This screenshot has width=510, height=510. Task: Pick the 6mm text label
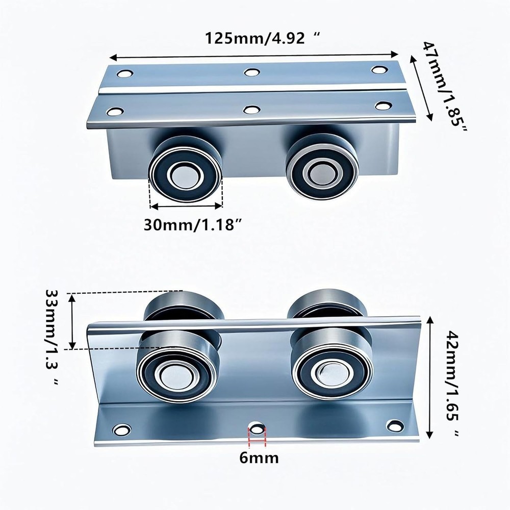pyautogui.click(x=259, y=457)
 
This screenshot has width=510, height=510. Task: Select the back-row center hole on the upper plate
pyautogui.click(x=251, y=72)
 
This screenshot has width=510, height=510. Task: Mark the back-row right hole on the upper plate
pyautogui.click(x=378, y=69)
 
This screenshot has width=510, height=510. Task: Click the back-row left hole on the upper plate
pyautogui.click(x=123, y=73)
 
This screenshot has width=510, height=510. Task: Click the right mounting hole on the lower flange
pyautogui.click(x=395, y=424)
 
